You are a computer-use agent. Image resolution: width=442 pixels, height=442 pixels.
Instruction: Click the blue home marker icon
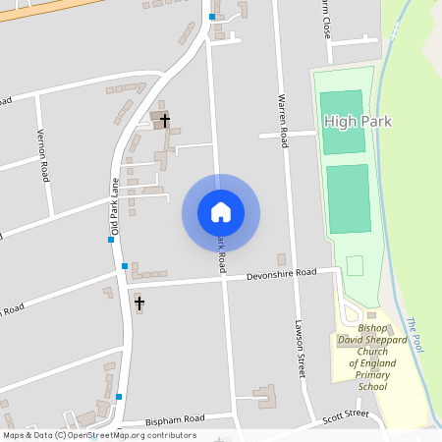point(221,212)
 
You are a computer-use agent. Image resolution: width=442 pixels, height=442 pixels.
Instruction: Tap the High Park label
point(357,122)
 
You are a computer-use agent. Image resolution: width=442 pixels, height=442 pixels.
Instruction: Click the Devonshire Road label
point(281,274)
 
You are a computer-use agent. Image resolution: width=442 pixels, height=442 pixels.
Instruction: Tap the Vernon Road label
point(42,155)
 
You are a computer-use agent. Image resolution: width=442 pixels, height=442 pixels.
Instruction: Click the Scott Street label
point(345,416)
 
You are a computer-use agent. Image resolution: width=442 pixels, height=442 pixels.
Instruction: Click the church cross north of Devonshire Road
point(165,120)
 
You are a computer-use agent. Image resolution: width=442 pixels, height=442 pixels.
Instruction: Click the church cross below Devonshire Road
point(139,303)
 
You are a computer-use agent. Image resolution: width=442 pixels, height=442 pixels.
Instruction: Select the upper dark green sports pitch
point(341,122)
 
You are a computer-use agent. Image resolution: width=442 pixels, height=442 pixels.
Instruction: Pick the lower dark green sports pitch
point(349,198)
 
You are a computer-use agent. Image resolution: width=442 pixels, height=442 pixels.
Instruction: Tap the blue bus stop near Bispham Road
point(119,397)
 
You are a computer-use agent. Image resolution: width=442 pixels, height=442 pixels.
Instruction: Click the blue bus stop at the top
point(212,17)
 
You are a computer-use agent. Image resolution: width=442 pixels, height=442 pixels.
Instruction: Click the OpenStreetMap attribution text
point(98,435)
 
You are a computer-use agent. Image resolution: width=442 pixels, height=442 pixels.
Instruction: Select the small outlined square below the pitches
point(355,265)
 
